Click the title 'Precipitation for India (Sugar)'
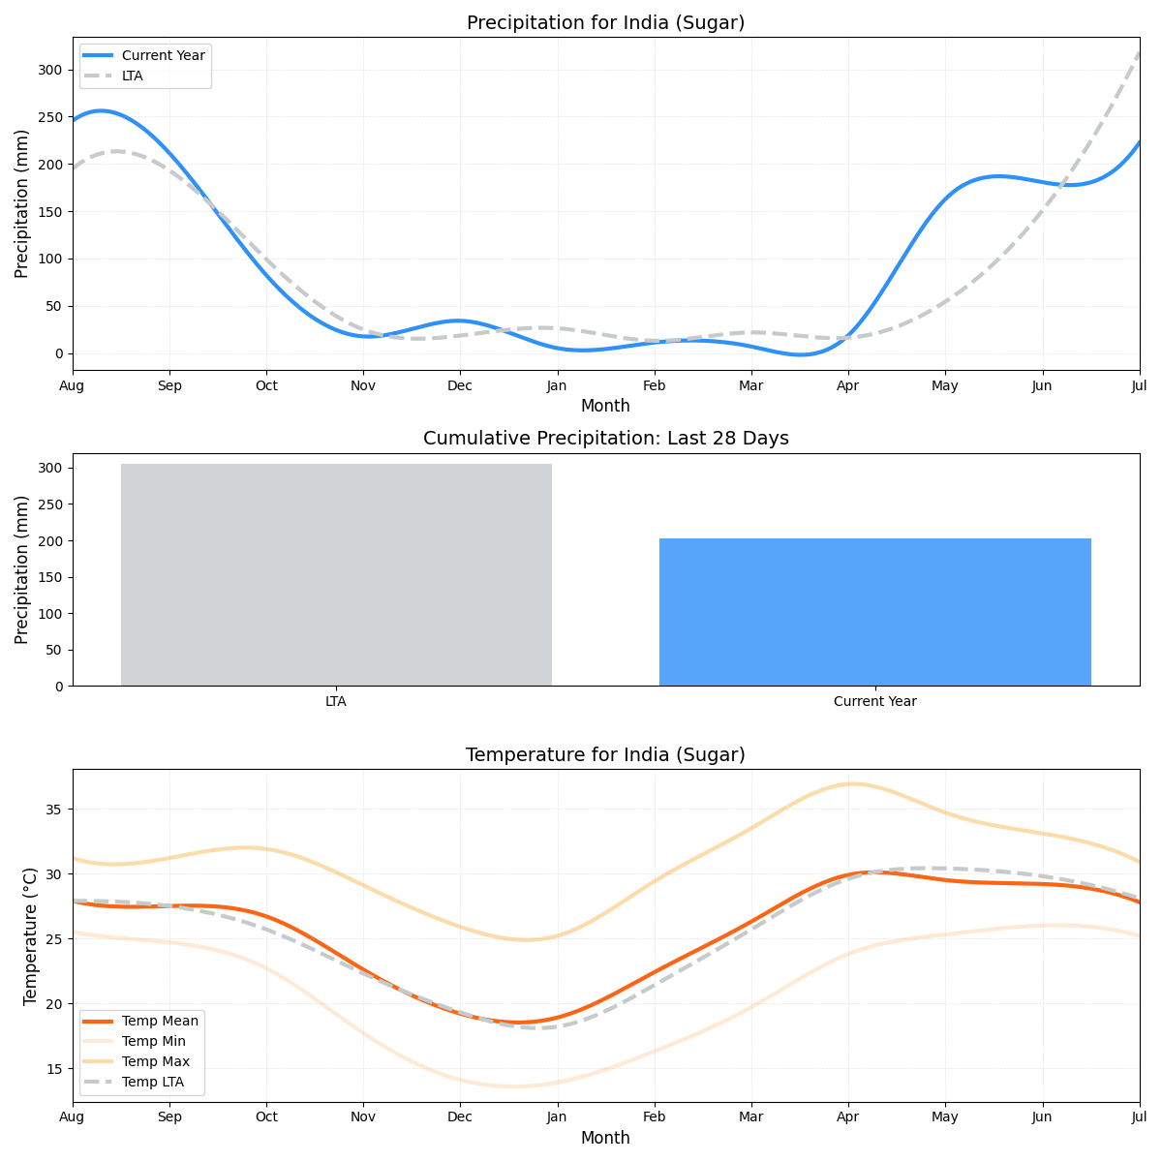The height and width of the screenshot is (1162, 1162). pos(605,23)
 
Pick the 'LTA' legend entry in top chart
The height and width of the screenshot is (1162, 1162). pos(132,76)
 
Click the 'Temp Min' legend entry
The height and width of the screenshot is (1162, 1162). pos(154,1042)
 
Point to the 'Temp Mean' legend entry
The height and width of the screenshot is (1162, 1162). pos(160,1021)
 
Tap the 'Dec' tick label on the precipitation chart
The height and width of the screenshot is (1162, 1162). pos(460,386)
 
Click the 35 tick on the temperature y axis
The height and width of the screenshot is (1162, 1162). pos(54,810)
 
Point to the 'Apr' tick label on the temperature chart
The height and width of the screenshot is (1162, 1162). pos(848,1117)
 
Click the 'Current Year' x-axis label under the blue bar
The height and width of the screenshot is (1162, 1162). pos(874,702)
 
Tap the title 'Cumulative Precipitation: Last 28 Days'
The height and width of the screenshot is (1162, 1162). pos(605,439)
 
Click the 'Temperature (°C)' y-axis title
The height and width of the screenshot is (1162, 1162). pos(31,935)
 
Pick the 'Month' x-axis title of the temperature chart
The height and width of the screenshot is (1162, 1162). pos(605,1139)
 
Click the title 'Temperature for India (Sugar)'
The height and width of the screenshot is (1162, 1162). pos(605,755)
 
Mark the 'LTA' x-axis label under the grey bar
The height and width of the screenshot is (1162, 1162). pos(336,702)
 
